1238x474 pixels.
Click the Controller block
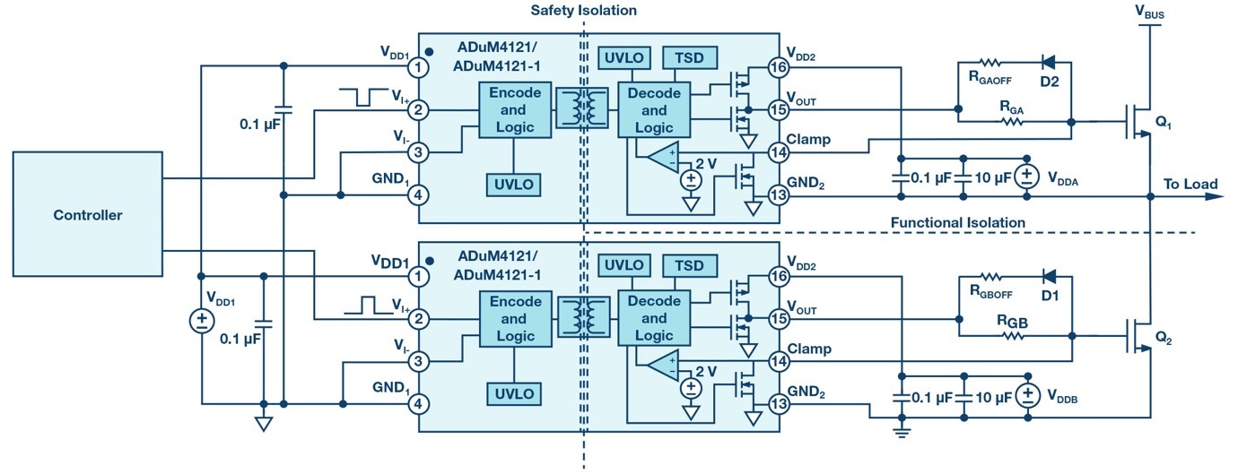point(87,215)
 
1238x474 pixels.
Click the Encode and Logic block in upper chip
point(513,110)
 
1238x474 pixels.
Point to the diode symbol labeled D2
point(1047,63)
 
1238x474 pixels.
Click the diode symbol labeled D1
point(1047,276)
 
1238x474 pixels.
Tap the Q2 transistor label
point(1164,340)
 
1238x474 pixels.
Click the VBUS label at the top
point(1149,13)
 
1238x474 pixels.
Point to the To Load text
point(1190,185)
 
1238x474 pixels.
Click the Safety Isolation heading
point(583,11)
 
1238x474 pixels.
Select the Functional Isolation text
point(957,222)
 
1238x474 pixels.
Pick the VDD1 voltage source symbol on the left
point(202,321)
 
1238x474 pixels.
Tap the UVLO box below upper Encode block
point(513,185)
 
